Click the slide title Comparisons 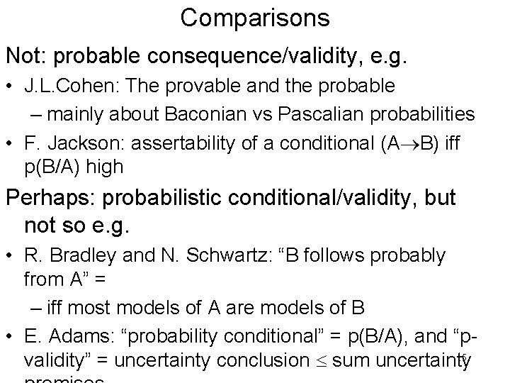pyautogui.click(x=254, y=17)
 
